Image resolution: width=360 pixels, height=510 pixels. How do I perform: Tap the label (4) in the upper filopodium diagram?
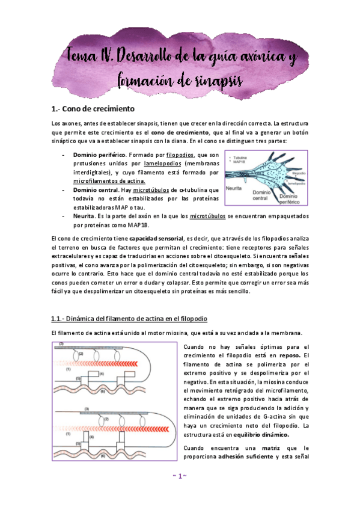[102, 373]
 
